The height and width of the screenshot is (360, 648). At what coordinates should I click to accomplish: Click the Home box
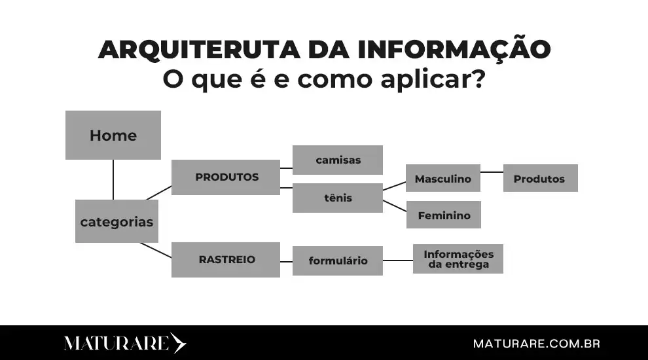point(113,135)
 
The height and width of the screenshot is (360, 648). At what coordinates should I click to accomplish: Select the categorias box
point(117,221)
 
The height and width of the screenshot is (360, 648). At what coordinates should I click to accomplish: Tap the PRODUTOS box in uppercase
point(226,177)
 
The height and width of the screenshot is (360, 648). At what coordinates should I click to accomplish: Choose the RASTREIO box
point(226,259)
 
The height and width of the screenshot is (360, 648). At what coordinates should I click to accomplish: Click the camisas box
point(338,160)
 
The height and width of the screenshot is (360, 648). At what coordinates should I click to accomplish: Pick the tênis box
point(338,198)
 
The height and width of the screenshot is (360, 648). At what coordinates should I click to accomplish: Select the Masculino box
point(443,178)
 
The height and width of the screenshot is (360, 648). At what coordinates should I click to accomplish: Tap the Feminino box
point(444,215)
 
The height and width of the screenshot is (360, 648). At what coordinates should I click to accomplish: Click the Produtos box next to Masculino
point(540,178)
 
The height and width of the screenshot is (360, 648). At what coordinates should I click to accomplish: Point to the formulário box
point(338,261)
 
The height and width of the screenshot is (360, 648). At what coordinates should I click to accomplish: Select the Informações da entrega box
point(458,259)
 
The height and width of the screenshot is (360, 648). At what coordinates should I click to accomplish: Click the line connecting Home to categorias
point(113,179)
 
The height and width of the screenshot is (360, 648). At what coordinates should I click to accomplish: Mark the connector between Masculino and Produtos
point(492,172)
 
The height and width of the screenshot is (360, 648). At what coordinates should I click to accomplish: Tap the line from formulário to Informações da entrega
point(398,261)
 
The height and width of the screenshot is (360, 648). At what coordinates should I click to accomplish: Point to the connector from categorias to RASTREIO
point(156,249)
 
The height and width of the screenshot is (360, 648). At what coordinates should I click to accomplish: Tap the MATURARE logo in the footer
point(124,343)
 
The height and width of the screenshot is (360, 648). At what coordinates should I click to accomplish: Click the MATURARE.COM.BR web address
point(536,343)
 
